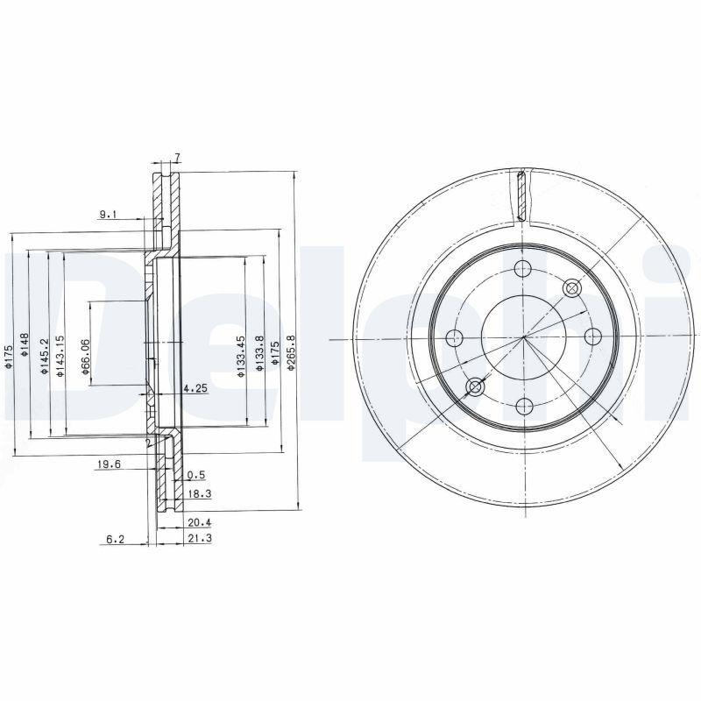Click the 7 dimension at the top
tap(177, 158)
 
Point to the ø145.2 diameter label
tap(43, 358)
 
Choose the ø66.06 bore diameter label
tap(86, 358)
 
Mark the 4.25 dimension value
tap(195, 387)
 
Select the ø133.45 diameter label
tap(240, 358)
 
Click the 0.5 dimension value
tap(196, 476)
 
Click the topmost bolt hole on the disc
tap(523, 269)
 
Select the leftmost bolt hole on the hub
tap(455, 337)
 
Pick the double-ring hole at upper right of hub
tap(572, 287)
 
